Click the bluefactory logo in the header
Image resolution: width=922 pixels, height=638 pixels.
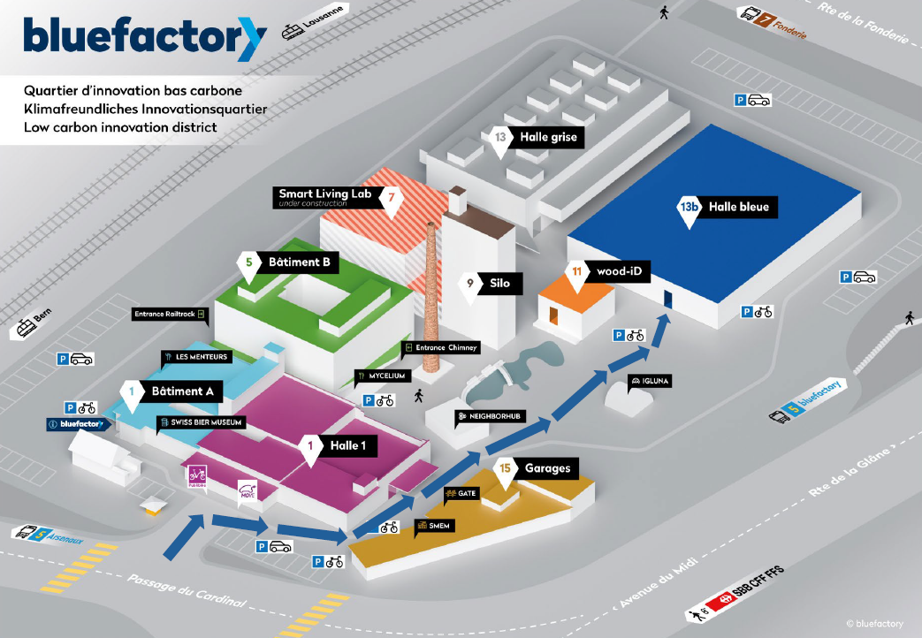[144, 38]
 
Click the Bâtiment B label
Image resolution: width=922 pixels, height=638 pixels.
[299, 262]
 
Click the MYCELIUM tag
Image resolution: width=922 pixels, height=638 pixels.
[382, 376]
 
